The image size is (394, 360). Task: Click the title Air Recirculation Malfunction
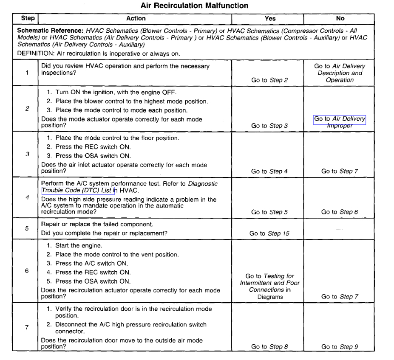click(x=194, y=6)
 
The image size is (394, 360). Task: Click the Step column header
click(x=27, y=19)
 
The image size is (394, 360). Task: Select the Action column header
click(x=136, y=19)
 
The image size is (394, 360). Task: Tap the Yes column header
click(x=270, y=19)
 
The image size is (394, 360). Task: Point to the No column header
click(x=340, y=19)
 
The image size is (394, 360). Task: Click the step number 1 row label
click(x=27, y=73)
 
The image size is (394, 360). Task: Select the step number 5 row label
click(x=27, y=228)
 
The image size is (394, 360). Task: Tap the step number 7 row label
click(x=27, y=327)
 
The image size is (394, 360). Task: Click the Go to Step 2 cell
click(x=269, y=80)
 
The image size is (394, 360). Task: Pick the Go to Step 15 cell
click(x=269, y=233)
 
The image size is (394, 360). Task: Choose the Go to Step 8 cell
click(x=269, y=347)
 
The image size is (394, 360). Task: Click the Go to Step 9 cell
click(x=340, y=347)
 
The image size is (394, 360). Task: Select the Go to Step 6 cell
click(x=340, y=212)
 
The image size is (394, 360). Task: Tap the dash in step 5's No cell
click(x=340, y=228)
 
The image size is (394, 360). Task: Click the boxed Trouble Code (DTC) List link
click(x=77, y=191)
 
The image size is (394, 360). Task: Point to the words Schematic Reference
click(x=50, y=31)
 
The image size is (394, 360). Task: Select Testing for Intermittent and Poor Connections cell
click(x=269, y=287)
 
